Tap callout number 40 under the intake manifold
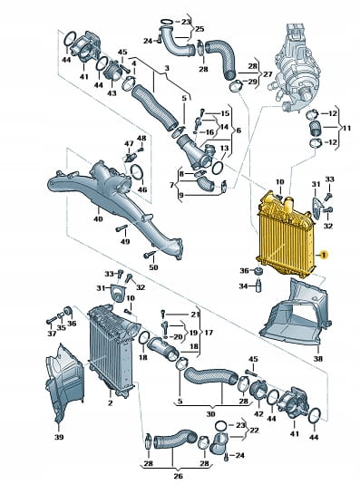click(x=98, y=218)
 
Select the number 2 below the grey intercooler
click(x=110, y=403)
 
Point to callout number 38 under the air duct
click(x=318, y=358)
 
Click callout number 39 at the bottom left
click(x=59, y=437)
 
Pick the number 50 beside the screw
click(x=153, y=267)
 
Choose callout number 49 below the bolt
click(x=125, y=242)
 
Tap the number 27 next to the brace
click(x=268, y=74)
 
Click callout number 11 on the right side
click(x=346, y=128)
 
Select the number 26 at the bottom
click(x=178, y=476)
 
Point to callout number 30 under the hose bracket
click(x=210, y=414)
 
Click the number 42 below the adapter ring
click(x=258, y=413)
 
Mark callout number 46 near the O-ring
click(x=142, y=189)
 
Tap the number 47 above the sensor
click(x=129, y=143)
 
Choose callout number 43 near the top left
click(x=112, y=93)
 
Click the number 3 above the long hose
click(x=167, y=68)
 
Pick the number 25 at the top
click(x=199, y=29)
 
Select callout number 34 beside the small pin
click(x=243, y=286)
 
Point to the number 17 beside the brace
click(x=209, y=333)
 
